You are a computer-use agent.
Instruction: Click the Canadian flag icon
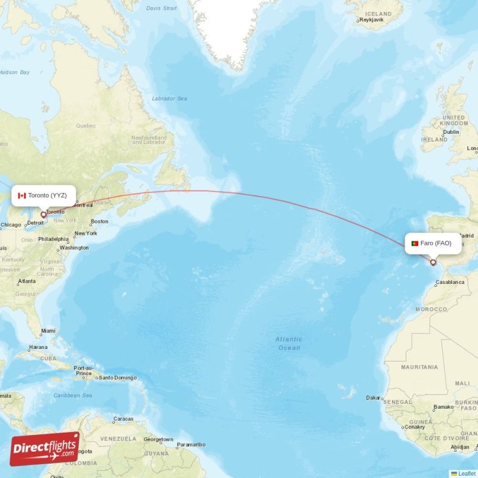(22, 195)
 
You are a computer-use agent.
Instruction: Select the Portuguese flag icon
(415, 243)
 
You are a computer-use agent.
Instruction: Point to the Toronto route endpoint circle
(43, 214)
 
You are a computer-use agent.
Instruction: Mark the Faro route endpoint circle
(433, 262)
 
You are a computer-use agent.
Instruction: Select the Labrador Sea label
(169, 99)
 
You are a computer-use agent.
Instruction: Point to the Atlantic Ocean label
(289, 344)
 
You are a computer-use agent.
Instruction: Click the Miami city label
(48, 330)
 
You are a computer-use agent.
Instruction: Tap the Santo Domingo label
(118, 378)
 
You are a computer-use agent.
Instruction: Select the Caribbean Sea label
(73, 396)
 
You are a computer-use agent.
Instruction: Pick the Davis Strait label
(161, 8)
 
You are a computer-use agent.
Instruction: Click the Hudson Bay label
(14, 72)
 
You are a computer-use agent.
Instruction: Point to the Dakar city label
(374, 397)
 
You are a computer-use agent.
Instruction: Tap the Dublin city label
(451, 132)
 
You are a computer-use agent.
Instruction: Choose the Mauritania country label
(419, 367)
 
